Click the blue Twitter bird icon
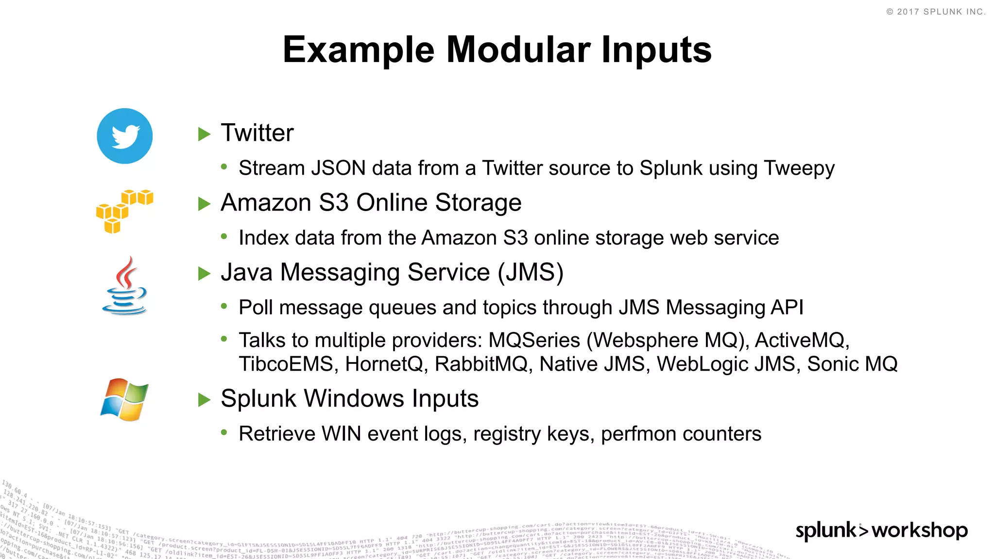[x=125, y=136]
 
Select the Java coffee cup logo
[x=124, y=286]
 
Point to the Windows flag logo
[x=124, y=399]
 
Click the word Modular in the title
[x=518, y=49]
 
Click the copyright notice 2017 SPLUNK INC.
[x=936, y=12]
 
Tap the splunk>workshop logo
[x=881, y=530]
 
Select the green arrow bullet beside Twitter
[x=205, y=134]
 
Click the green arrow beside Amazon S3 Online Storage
[x=205, y=204]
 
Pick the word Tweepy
[x=799, y=168]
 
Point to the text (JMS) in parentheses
[x=531, y=272]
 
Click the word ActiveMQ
[x=802, y=340]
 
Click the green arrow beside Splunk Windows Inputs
[x=205, y=400]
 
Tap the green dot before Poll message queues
[x=224, y=306]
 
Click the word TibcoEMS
[x=286, y=364]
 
